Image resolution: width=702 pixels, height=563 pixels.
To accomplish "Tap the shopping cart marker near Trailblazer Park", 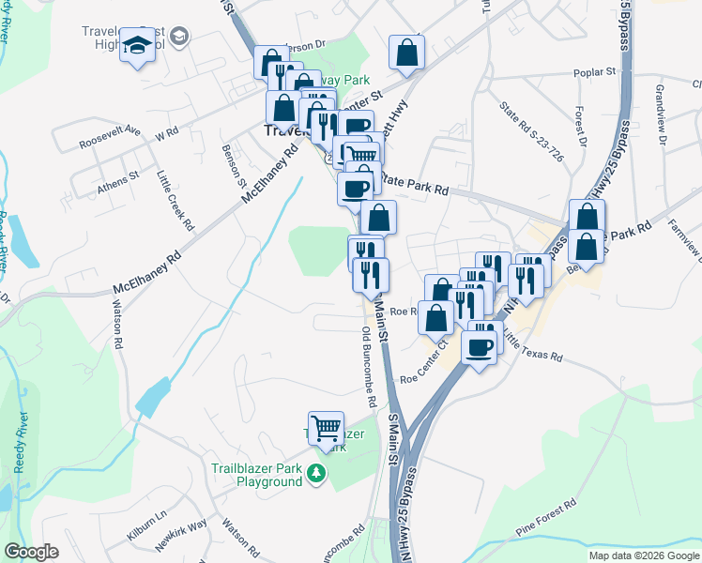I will (x=326, y=429).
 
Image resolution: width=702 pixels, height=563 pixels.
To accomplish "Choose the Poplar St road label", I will (x=595, y=71).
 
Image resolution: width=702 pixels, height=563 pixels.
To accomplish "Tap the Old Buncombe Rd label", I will (x=369, y=365).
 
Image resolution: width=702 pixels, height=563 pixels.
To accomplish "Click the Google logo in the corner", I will (x=31, y=552).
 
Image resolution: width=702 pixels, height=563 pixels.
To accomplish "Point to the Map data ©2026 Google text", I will (x=643, y=555).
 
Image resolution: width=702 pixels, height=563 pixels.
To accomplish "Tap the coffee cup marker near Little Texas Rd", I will (x=479, y=346).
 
